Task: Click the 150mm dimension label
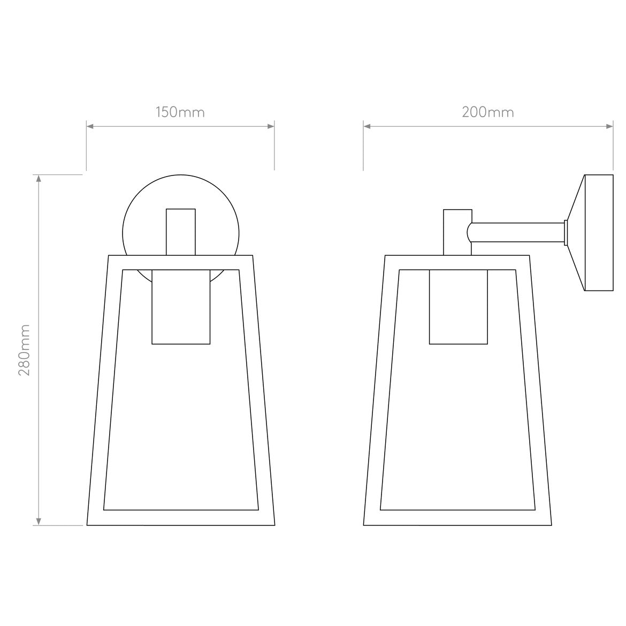(x=180, y=112)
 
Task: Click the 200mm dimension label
(x=487, y=112)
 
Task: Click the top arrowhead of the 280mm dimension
(x=39, y=178)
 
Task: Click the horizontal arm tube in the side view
(x=516, y=233)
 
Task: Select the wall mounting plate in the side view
(x=598, y=233)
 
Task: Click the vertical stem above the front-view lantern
(x=181, y=231)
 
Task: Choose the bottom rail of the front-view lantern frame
(x=181, y=517)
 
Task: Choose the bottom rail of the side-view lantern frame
(x=459, y=517)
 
